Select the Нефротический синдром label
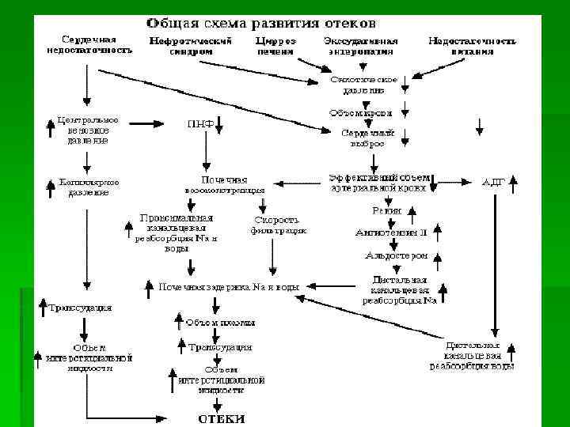pos(191,46)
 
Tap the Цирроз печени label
pos(276,46)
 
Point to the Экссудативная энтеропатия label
pos(360,46)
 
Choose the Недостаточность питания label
pos(473,46)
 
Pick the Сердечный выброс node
pos(363,138)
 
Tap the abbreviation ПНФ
pos(199,123)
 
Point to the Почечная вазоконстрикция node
pos(225,184)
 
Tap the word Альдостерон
pos(396,255)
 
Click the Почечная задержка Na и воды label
pos(229,287)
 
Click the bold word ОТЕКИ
pos(221,418)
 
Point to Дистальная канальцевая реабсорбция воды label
pos(472,356)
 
